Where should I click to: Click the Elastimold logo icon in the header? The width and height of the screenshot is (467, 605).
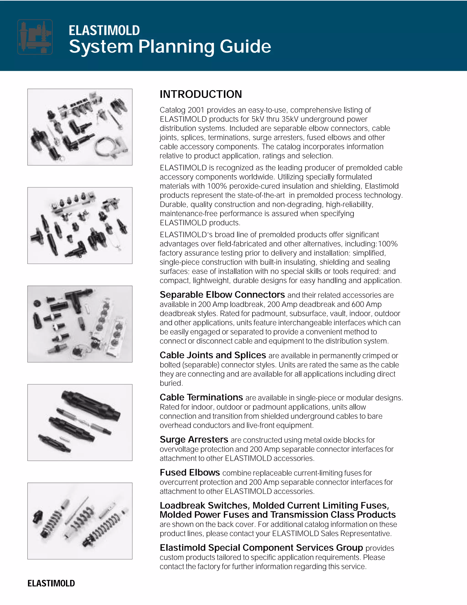pos(35,37)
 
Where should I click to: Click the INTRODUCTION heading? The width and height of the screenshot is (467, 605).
pos(201,94)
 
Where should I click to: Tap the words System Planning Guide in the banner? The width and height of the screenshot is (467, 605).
pos(170,46)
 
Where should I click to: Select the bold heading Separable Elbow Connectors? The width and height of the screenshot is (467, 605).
pos(222,295)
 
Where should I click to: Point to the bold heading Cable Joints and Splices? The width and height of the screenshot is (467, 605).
pos(213,355)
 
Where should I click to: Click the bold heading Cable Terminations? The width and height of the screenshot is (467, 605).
pos(201,397)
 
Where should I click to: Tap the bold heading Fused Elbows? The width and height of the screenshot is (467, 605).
pos(189,472)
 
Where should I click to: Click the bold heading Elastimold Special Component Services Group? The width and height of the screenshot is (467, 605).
pos(261,548)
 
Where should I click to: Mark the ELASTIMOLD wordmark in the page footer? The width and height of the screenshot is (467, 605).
pos(51,583)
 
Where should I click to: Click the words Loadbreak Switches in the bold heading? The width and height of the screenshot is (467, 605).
pos(205,505)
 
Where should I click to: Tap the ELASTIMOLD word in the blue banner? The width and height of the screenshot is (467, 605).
pos(104,30)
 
